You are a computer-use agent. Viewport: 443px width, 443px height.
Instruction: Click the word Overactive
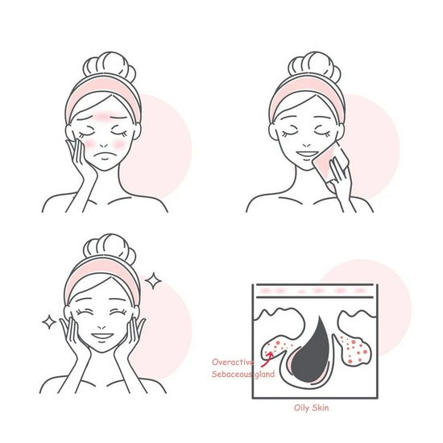tap(233, 362)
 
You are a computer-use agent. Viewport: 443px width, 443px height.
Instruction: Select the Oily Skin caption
tap(312, 408)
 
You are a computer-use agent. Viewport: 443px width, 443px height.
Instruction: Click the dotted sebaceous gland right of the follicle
tap(355, 350)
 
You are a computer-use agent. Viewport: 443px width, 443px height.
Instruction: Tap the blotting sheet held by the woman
tap(329, 161)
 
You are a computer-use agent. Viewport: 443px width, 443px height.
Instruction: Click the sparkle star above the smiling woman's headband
tap(153, 280)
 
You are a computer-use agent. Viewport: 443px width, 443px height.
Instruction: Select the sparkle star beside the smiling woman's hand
tap(49, 322)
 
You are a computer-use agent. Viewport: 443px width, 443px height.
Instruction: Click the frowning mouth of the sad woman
tap(105, 155)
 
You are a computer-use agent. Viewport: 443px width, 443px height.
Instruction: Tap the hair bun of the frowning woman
tap(110, 67)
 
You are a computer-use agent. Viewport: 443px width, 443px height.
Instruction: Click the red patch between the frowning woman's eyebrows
tap(103, 116)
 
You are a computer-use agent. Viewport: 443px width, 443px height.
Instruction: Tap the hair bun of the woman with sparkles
tap(110, 249)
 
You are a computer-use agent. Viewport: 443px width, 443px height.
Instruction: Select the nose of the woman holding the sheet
tap(307, 145)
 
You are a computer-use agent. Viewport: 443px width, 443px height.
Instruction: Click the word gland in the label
tap(264, 375)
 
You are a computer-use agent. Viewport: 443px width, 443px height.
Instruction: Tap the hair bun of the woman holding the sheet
tap(314, 67)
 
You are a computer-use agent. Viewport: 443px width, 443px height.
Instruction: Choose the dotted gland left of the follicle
tap(279, 349)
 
